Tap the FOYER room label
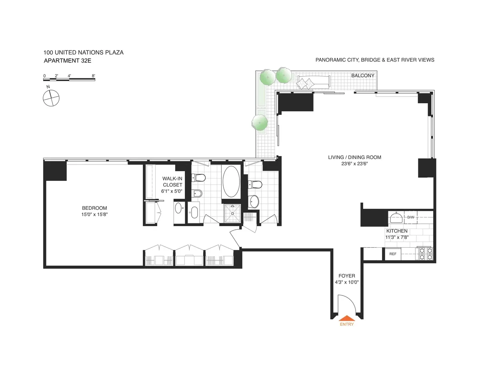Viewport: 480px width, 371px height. click(346, 275)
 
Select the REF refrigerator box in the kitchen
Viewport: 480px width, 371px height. click(392, 254)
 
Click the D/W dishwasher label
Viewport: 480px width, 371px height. click(411, 217)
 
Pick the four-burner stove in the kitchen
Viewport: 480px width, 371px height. click(425, 254)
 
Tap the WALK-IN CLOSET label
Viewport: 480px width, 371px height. click(172, 182)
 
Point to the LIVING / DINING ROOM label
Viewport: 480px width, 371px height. click(354, 157)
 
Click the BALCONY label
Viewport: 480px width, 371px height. click(363, 76)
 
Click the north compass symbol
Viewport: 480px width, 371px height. click(51, 98)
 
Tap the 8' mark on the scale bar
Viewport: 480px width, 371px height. click(93, 75)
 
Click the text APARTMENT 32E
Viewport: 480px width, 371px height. click(67, 61)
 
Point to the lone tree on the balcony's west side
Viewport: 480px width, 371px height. click(260, 122)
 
